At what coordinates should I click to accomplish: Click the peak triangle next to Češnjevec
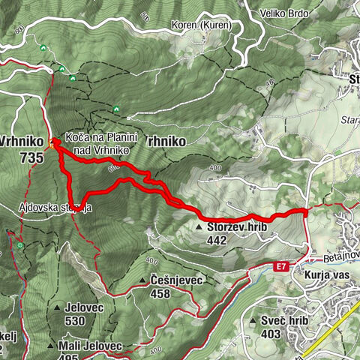point(143,281)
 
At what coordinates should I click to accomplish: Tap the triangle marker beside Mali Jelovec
point(50,346)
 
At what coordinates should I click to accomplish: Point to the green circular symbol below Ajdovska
point(20,245)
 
